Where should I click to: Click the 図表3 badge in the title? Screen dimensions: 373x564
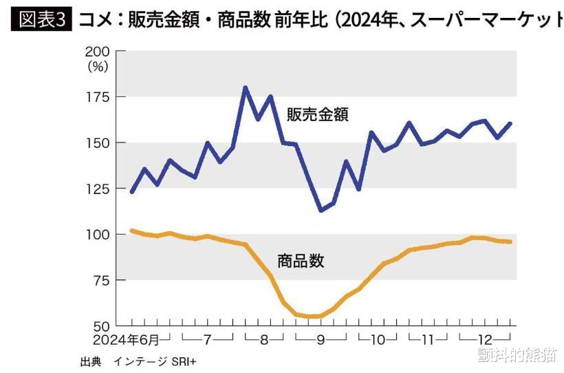tap(41, 19)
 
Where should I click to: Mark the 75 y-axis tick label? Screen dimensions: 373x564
tap(101, 280)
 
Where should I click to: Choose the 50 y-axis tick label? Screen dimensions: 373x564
tap(101, 326)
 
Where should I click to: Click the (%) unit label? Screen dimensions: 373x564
tap(98, 67)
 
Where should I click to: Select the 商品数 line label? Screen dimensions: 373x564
tap(301, 261)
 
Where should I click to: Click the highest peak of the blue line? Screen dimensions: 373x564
tap(246, 87)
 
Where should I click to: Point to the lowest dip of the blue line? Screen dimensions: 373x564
tap(321, 211)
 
